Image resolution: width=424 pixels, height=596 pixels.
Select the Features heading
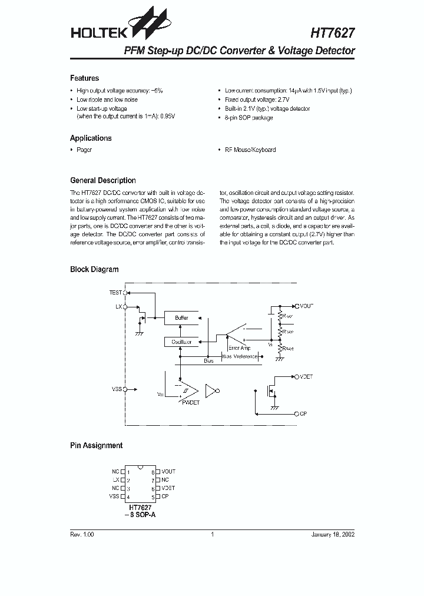point(84,78)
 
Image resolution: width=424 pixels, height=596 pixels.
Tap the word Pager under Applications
point(84,150)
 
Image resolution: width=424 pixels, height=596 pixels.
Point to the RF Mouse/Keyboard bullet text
point(250,150)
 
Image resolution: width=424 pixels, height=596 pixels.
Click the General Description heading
point(102,181)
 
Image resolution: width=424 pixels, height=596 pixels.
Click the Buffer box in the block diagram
point(181,318)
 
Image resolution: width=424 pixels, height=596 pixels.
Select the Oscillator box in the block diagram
point(181,342)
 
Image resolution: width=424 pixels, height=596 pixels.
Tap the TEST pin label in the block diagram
point(115,293)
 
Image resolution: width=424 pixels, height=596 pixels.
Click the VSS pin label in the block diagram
point(116,389)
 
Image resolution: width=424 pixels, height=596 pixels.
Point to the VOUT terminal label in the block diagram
point(307,306)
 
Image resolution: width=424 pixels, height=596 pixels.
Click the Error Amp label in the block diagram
point(239,349)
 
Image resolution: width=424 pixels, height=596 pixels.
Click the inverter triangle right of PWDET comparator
point(211,391)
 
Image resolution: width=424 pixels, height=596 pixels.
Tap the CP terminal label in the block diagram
point(303,414)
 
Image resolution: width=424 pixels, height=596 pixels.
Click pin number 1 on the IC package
point(128,472)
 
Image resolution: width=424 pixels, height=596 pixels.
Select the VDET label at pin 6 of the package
point(168,488)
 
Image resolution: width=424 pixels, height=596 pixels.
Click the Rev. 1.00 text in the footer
point(82,535)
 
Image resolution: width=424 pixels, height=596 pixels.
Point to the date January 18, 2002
point(333,535)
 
